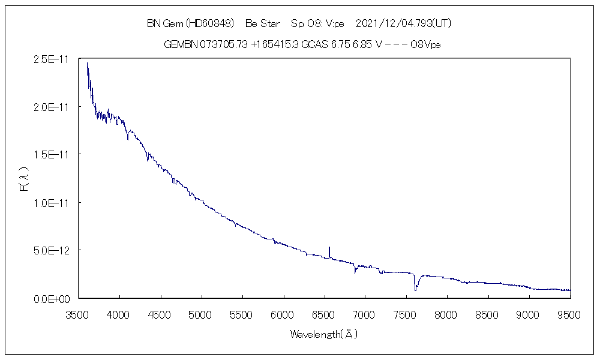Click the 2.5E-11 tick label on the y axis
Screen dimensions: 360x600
tap(53, 59)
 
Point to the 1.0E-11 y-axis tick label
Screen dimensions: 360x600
tap(53, 202)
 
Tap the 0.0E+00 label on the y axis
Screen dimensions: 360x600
tap(53, 298)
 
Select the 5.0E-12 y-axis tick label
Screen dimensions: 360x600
tap(53, 250)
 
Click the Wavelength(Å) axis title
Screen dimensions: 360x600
tap(324, 334)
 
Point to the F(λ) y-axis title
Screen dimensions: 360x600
tap(25, 179)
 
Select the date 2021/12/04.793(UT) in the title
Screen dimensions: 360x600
tap(403, 23)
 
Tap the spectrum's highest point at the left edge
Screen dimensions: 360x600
tap(87, 63)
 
